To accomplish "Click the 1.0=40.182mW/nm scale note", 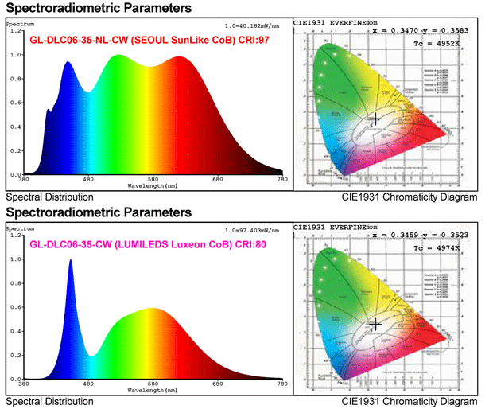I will [252, 26].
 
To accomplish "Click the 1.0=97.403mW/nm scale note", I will [252, 232].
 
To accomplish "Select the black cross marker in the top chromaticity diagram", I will [375, 119].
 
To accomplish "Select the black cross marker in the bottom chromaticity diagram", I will [375, 323].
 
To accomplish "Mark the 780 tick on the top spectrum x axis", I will [281, 179].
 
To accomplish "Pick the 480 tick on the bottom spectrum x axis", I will [88, 385].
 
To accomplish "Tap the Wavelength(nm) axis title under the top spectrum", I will [154, 185].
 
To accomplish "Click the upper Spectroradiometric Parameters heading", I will [99, 8].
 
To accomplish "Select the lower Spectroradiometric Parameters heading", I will [99, 213].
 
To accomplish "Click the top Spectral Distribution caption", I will [49, 197].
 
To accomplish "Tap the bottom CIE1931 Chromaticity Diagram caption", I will [410, 401].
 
